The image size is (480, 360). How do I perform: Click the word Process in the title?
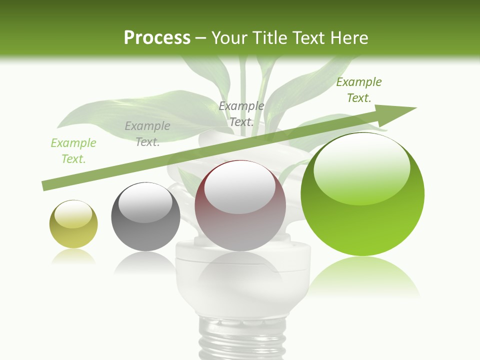157,38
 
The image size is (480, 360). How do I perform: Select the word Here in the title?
348,38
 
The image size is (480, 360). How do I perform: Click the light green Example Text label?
73,151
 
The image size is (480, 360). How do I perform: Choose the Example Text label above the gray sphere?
147,134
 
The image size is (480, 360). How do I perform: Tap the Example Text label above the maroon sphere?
241,114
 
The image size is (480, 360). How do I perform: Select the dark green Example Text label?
358,90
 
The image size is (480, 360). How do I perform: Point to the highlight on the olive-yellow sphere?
73,214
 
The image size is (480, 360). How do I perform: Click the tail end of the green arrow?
46,185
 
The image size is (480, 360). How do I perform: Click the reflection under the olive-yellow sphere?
73,256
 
